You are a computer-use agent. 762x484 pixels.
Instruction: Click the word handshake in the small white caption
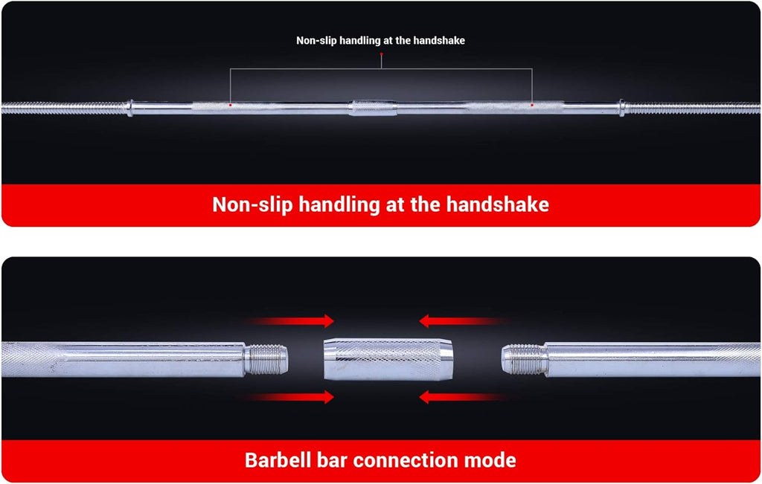point(441,41)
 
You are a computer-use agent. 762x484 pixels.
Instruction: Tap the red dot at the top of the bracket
point(382,54)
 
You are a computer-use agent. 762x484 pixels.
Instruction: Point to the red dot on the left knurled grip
point(231,105)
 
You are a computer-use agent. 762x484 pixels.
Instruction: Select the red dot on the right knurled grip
point(532,105)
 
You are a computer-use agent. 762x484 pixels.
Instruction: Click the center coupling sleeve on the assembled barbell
point(374,108)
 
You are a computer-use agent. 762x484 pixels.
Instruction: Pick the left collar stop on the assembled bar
point(129,108)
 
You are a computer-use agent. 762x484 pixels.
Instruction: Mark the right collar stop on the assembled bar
point(621,108)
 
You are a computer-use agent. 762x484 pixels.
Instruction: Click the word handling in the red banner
point(339,205)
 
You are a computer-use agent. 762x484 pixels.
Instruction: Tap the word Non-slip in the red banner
point(252,205)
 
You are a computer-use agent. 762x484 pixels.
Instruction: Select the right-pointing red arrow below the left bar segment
point(286,397)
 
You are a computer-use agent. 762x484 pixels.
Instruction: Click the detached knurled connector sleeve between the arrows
point(388,359)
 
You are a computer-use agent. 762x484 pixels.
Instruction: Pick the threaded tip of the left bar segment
point(266,360)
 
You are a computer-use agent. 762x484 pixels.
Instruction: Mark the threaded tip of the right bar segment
point(525,360)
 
